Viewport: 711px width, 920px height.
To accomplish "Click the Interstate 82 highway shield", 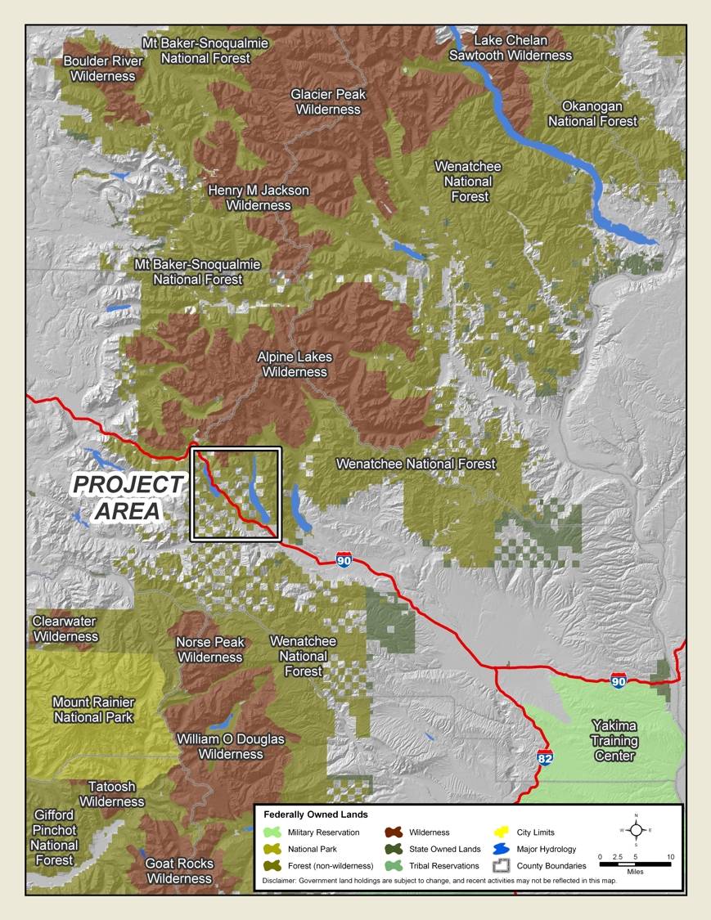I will click(x=545, y=758).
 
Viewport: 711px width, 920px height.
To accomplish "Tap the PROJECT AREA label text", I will click(x=128, y=497).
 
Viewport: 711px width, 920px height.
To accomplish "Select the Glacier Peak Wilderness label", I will click(x=328, y=101).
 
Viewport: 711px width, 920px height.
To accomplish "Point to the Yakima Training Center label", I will click(x=614, y=741).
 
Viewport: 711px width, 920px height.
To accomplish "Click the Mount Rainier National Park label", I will click(x=93, y=710).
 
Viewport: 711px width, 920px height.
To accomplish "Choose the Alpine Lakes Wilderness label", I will click(x=292, y=365).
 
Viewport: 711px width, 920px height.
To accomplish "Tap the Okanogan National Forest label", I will click(x=592, y=114).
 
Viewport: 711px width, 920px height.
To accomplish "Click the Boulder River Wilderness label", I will click(x=102, y=69).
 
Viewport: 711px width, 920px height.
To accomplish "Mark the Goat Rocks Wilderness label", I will click(x=179, y=871).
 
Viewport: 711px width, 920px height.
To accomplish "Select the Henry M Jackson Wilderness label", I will click(x=259, y=198).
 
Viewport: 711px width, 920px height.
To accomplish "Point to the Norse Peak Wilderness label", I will click(x=209, y=650).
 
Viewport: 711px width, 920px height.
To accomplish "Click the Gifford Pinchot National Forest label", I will click(x=55, y=837).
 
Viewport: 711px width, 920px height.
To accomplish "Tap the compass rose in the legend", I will click(x=636, y=829).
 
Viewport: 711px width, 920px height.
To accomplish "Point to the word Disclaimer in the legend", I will click(x=283, y=881).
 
